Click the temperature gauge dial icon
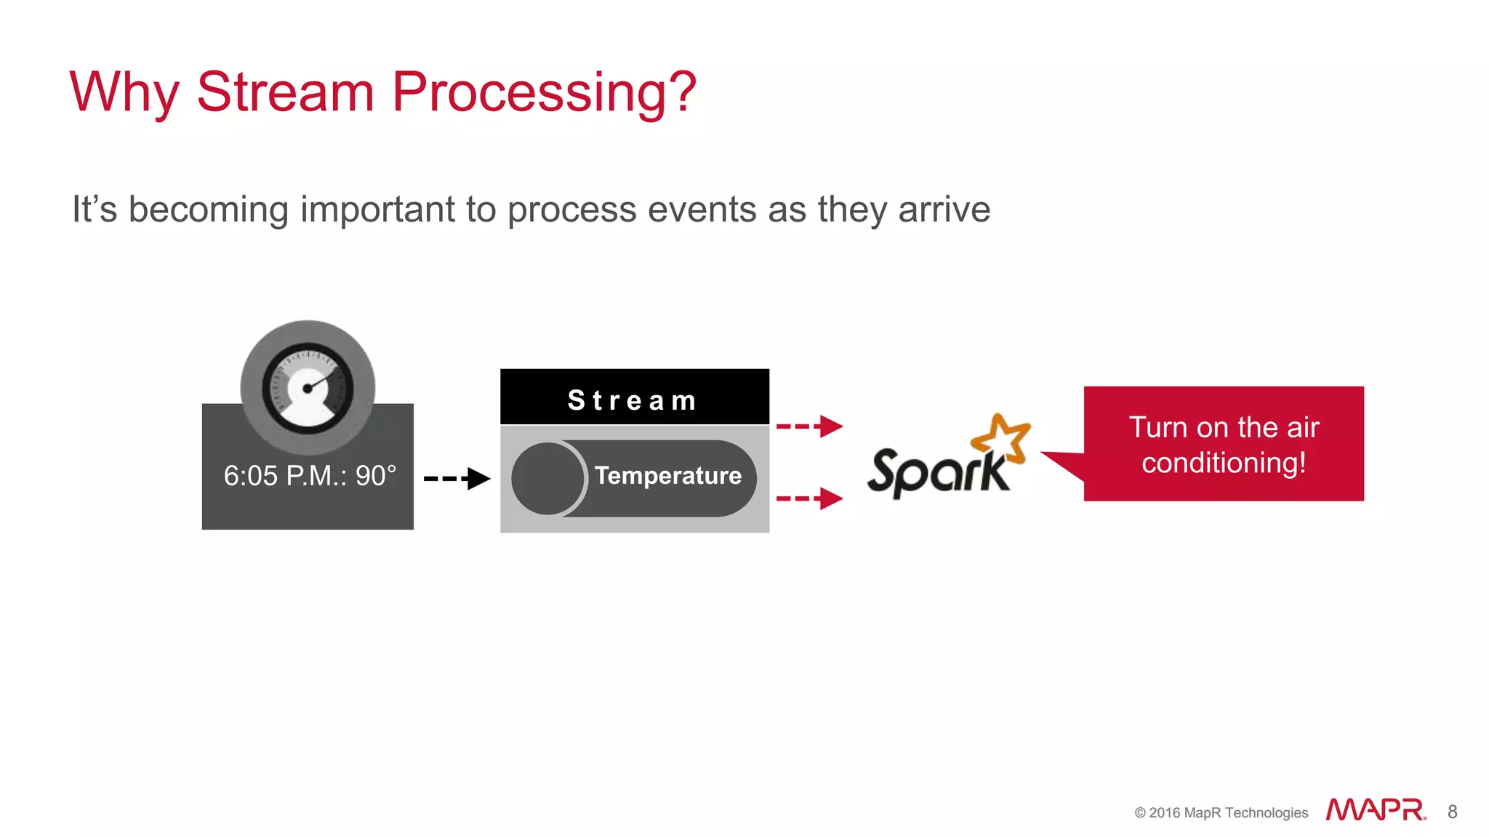pyautogui.click(x=308, y=388)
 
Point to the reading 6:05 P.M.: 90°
pyautogui.click(x=310, y=476)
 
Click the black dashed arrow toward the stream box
pyautogui.click(x=457, y=478)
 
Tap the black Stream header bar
pyautogui.click(x=634, y=398)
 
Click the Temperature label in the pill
pyautogui.click(x=667, y=475)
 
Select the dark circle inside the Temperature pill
pyautogui.click(x=547, y=479)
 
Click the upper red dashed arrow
pyautogui.click(x=808, y=426)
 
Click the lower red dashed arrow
pyautogui.click(x=808, y=498)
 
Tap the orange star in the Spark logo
pyautogui.click(x=1002, y=438)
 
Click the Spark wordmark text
pyautogui.click(x=938, y=472)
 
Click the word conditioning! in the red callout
pyautogui.click(x=1224, y=463)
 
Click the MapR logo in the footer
pyautogui.click(x=1375, y=809)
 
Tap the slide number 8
pyautogui.click(x=1452, y=812)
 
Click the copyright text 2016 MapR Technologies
pyautogui.click(x=1227, y=812)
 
